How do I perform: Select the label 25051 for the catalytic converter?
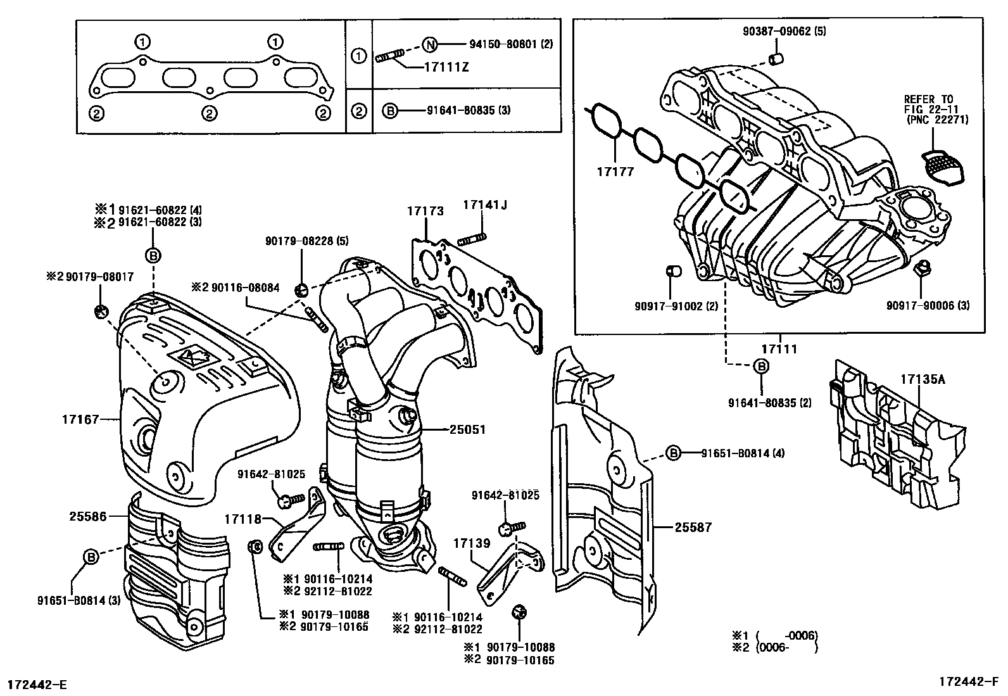click(x=467, y=429)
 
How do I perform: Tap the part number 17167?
click(x=80, y=419)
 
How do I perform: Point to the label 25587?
click(x=693, y=526)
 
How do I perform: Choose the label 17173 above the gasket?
click(x=425, y=212)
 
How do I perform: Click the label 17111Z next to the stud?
click(x=447, y=66)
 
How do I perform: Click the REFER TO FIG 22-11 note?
click(x=936, y=109)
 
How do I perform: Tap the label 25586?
click(x=87, y=516)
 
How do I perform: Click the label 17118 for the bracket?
click(x=243, y=519)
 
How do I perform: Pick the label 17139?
click(x=472, y=543)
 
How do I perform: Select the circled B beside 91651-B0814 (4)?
click(x=673, y=453)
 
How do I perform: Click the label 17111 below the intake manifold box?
click(x=779, y=349)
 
